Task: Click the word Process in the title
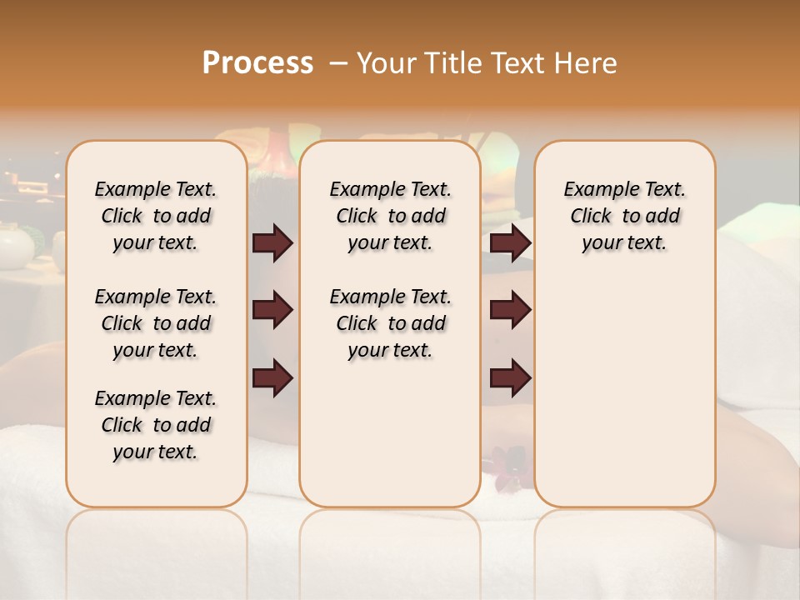point(257,63)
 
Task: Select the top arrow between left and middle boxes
point(272,243)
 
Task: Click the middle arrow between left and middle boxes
point(272,310)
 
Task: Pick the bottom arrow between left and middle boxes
point(272,377)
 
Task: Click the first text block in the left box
point(156,216)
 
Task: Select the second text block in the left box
point(156,323)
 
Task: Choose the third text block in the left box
point(156,425)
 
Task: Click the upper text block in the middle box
point(390,216)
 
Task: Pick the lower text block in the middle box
point(390,323)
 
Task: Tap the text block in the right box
point(624,216)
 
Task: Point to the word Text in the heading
point(517,63)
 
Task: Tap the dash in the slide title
point(338,63)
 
